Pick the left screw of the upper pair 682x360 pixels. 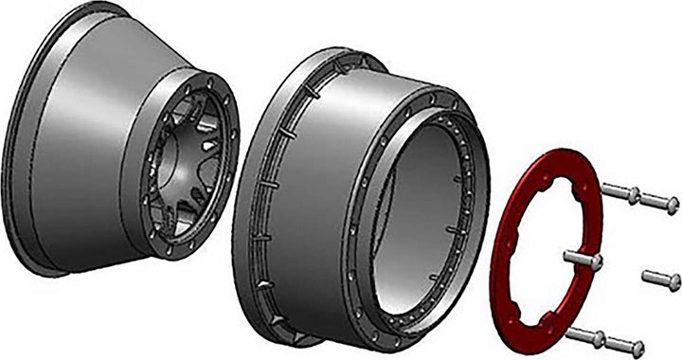click(619, 193)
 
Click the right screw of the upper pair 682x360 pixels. click(659, 202)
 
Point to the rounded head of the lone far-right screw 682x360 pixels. click(673, 280)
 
